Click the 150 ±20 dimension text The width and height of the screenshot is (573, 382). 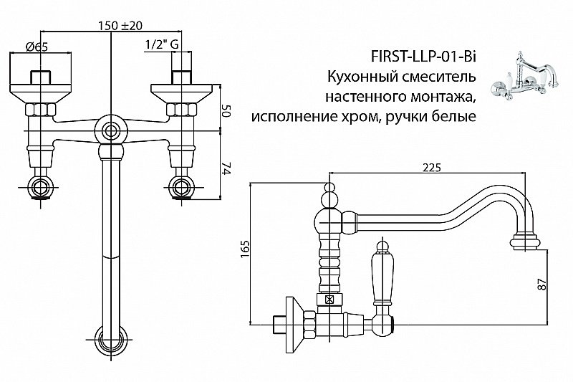click(121, 26)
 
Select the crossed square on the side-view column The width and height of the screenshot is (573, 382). click(330, 300)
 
